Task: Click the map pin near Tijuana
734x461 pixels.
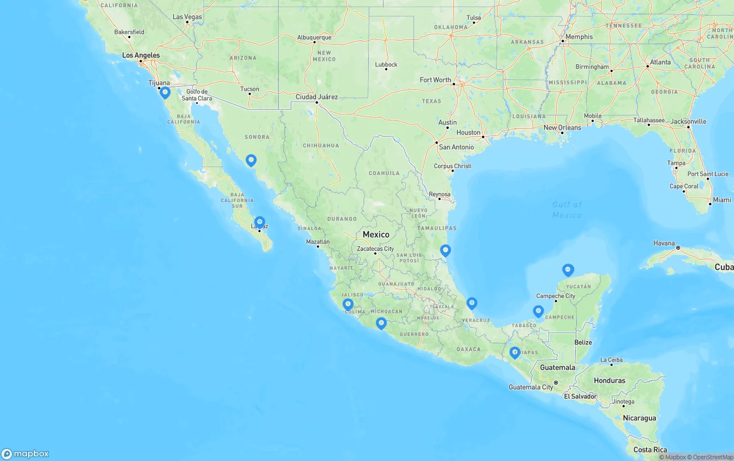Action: point(165,92)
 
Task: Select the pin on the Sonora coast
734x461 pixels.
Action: point(251,160)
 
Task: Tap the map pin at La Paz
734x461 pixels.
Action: point(260,222)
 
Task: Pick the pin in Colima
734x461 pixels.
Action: point(348,304)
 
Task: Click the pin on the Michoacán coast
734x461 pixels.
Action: point(381,323)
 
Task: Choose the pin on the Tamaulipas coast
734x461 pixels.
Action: point(446,250)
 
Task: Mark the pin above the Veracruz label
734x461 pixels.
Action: point(472,303)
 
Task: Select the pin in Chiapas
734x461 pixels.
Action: point(515,352)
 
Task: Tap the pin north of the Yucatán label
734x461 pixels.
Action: point(568,269)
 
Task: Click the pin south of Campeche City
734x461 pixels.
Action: point(538,311)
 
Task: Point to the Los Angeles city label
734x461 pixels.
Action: point(141,55)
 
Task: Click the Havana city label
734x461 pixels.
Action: point(664,243)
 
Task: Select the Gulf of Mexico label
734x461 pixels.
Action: point(567,210)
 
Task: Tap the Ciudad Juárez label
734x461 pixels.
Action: point(317,96)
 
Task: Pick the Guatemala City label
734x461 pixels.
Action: point(531,387)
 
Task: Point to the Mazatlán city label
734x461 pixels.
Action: point(318,242)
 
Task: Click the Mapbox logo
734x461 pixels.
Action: point(25,454)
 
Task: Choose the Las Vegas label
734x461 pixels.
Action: point(188,17)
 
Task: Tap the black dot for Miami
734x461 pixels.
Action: point(710,203)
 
